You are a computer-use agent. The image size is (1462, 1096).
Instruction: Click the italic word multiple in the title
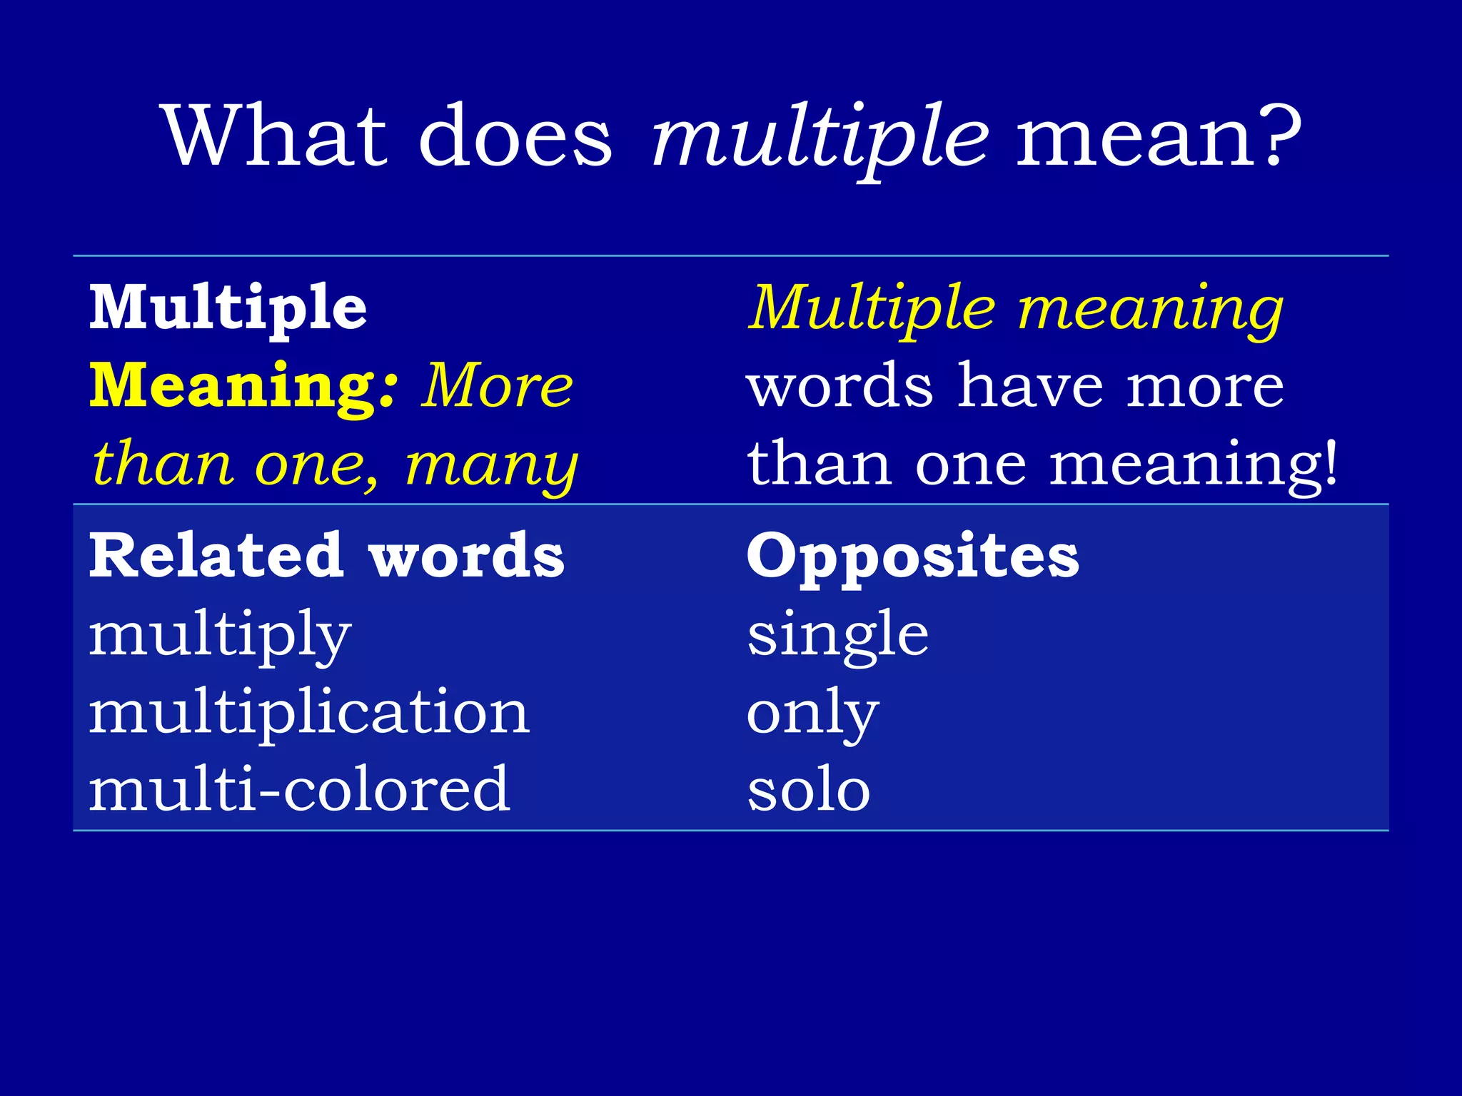[820, 137]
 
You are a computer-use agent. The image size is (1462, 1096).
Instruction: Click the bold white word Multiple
[228, 308]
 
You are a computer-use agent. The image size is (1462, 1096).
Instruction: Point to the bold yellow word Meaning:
[243, 386]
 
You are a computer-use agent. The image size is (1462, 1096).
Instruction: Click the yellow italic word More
[497, 386]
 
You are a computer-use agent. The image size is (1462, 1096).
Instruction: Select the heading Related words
[327, 556]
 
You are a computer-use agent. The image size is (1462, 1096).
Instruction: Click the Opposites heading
[912, 556]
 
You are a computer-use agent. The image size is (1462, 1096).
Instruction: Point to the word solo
[809, 791]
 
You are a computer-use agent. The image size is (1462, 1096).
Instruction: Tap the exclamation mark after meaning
[1329, 462]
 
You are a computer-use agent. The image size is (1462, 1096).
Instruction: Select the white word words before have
[840, 386]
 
